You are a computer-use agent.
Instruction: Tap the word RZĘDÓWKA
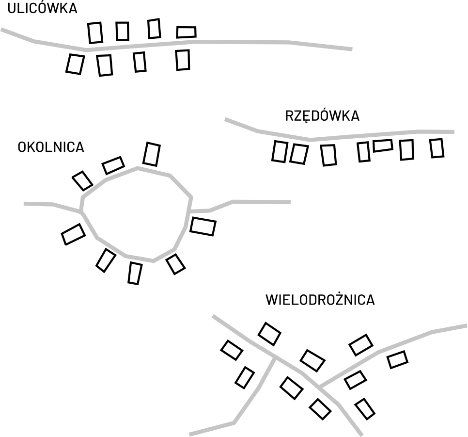click(x=322, y=117)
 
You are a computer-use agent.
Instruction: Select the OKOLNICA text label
click(x=50, y=147)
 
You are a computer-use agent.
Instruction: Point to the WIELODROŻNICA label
click(x=320, y=300)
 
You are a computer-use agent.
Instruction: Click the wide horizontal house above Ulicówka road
click(x=186, y=32)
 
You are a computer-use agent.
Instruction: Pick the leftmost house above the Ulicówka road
click(x=95, y=32)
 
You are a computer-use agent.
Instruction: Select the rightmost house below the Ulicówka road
click(x=183, y=60)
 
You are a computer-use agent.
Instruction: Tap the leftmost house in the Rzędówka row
click(x=279, y=151)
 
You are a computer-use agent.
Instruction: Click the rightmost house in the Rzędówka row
click(x=437, y=148)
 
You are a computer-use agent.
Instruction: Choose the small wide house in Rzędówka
click(x=383, y=145)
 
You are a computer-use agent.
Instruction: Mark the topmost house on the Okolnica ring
click(x=152, y=153)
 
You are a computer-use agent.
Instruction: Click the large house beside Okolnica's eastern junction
click(x=203, y=226)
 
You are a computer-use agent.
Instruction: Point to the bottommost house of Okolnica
click(x=135, y=273)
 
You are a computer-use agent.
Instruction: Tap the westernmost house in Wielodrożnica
click(x=232, y=350)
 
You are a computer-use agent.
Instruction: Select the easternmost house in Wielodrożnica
click(x=397, y=359)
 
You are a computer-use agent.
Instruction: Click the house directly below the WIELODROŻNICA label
click(x=269, y=333)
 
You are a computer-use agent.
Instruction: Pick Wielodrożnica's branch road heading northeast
click(x=397, y=343)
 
